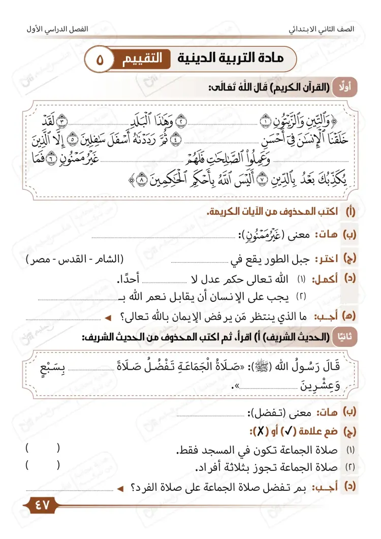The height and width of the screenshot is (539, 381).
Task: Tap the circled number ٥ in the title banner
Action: pos(99,59)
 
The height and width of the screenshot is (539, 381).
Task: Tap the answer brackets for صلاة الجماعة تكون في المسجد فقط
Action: pos(43,448)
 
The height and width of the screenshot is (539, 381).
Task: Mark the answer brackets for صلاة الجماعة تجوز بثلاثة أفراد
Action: pos(43,464)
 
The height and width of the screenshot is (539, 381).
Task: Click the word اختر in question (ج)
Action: pos(330,259)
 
